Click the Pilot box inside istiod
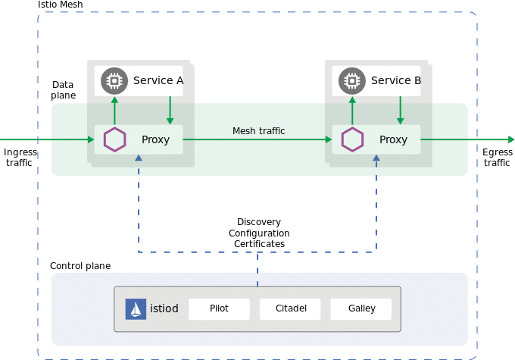pyautogui.click(x=219, y=309)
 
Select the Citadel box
pyautogui.click(x=290, y=309)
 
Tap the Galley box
pyautogui.click(x=361, y=309)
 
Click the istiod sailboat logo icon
pyautogui.click(x=135, y=309)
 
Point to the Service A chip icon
pyautogui.click(x=114, y=80)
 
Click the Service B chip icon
pyautogui.click(x=351, y=80)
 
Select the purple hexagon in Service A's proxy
pyautogui.click(x=115, y=139)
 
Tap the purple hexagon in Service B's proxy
pyautogui.click(x=351, y=139)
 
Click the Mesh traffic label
pyautogui.click(x=258, y=131)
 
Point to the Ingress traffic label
pyautogui.click(x=20, y=158)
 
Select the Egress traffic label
pyautogui.click(x=497, y=158)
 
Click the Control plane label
pyautogui.click(x=80, y=266)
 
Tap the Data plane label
pyautogui.click(x=64, y=90)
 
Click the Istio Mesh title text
pyautogui.click(x=61, y=5)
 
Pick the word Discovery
pyautogui.click(x=259, y=223)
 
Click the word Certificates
pyautogui.click(x=259, y=244)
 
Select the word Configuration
pyautogui.click(x=259, y=233)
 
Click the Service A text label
pyautogui.click(x=158, y=80)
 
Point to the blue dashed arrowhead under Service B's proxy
pyautogui.click(x=376, y=158)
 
